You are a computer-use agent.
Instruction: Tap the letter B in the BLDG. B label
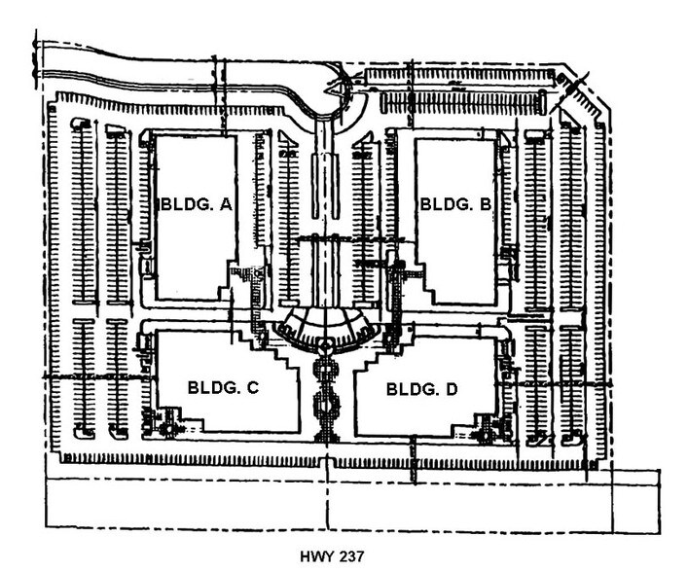coord(485,204)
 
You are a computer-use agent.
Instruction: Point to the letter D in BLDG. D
coord(451,389)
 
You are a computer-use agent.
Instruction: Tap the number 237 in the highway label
coord(349,557)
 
